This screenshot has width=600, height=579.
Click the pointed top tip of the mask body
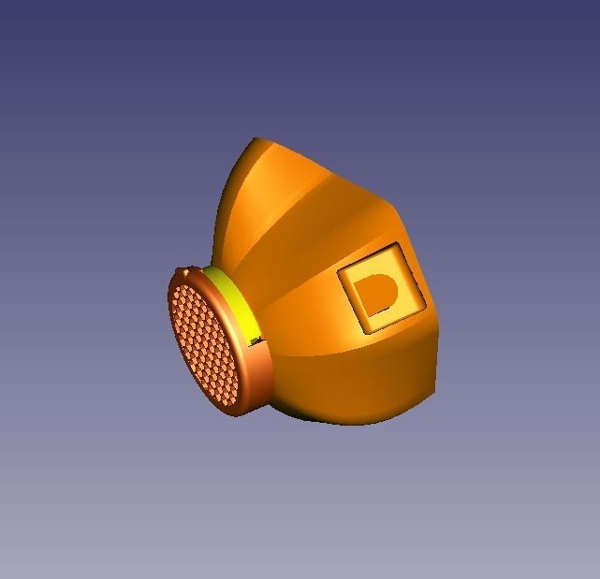tap(256, 140)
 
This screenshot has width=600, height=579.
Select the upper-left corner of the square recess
tap(339, 271)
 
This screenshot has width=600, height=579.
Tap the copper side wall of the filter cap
tap(257, 374)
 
